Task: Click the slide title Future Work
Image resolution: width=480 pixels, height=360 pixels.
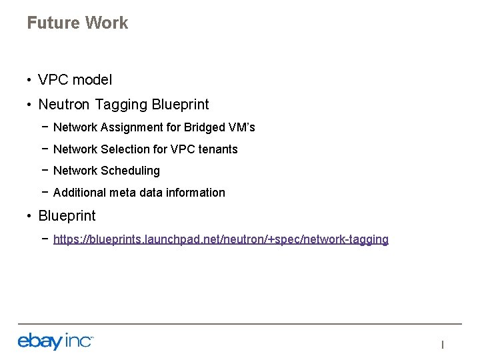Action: (77, 23)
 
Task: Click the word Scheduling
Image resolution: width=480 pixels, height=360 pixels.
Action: (131, 171)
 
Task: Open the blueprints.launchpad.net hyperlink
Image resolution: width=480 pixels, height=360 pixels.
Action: (221, 239)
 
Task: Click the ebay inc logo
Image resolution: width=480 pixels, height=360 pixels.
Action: (55, 341)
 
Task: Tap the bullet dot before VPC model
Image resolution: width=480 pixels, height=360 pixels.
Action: (30, 81)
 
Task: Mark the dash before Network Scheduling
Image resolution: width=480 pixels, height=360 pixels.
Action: (44, 171)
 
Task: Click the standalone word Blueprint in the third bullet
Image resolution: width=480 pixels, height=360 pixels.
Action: (67, 216)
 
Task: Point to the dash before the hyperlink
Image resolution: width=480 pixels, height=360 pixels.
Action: (44, 239)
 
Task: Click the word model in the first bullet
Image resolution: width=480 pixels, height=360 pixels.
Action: (93, 80)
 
